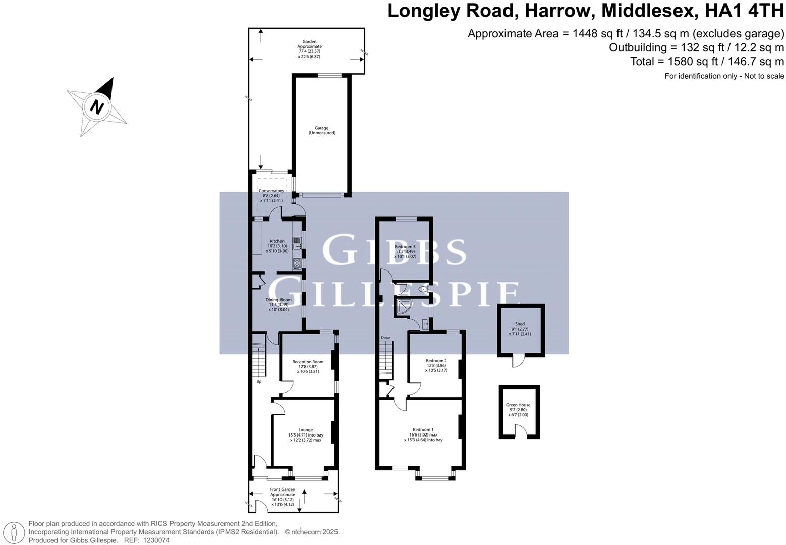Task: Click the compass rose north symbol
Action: tap(97, 106)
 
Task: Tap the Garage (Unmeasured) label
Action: tap(322, 130)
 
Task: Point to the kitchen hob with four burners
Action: tap(297, 263)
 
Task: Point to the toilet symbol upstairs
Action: tap(423, 290)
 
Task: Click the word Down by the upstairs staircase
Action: tap(385, 338)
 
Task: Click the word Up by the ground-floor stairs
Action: tap(259, 381)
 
